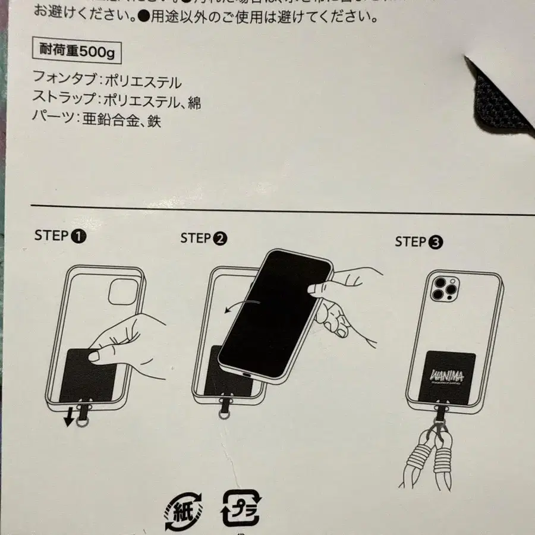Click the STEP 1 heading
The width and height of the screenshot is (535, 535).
click(x=60, y=235)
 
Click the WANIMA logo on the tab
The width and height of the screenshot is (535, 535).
click(x=445, y=376)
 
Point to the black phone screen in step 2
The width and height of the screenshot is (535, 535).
click(x=273, y=315)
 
